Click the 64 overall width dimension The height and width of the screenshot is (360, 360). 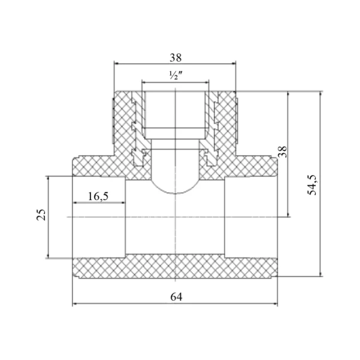[176, 297]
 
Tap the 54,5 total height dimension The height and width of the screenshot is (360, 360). [312, 185]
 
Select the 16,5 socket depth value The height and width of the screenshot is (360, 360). [98, 196]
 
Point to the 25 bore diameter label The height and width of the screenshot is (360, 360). [41, 214]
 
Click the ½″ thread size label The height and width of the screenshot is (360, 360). [176, 75]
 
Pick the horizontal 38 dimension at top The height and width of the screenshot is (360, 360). [176, 58]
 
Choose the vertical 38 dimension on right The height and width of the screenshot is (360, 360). [283, 152]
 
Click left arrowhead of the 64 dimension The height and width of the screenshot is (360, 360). [75, 304]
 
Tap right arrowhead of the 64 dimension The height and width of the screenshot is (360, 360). [276, 304]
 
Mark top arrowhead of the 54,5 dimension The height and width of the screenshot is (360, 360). [320, 94]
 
